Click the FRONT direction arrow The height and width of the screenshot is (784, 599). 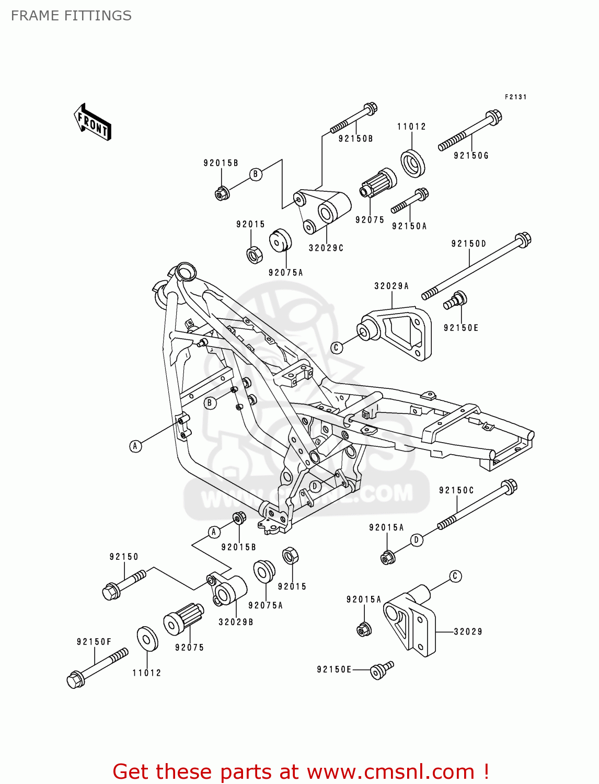[x=93, y=122]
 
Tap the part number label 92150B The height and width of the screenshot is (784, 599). [x=355, y=139]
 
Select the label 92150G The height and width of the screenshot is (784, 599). [x=471, y=155]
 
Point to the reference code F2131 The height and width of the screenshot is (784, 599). [x=515, y=97]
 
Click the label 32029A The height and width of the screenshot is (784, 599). [x=391, y=286]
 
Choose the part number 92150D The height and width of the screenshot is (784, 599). [x=469, y=244]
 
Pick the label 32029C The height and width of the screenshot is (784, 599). [x=326, y=248]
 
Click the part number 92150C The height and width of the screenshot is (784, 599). [x=456, y=490]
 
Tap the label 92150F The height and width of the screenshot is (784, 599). [x=94, y=641]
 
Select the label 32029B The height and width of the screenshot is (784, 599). [x=236, y=622]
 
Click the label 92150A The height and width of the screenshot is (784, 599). [x=409, y=226]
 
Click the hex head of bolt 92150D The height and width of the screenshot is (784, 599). [x=523, y=240]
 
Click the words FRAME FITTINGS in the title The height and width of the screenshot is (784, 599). [x=71, y=16]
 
